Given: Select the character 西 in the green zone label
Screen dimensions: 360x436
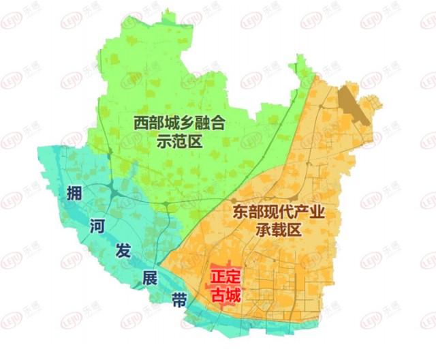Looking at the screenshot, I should pos(141,123).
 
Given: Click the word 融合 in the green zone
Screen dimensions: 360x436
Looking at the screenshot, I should pos(208,123).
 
